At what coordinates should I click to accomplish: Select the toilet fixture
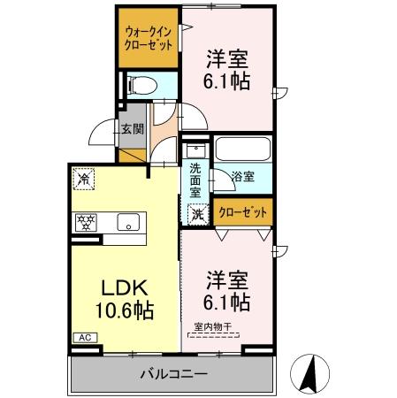coord(141,86)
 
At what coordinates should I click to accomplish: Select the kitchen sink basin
coord(129,223)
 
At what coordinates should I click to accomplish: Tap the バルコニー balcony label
coord(172,374)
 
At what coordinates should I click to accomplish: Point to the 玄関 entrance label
coord(133,129)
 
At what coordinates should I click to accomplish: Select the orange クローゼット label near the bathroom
coord(241,212)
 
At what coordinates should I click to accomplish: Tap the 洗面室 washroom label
coord(195,179)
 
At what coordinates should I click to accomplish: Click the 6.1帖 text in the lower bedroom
coord(226,302)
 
